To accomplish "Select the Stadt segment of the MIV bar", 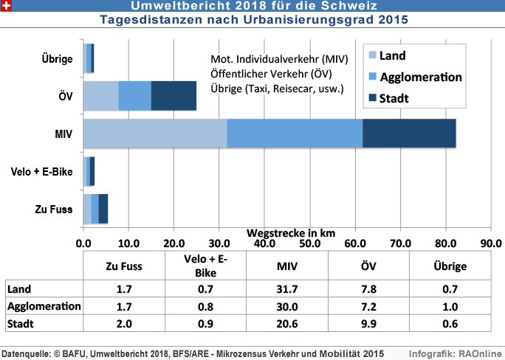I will (x=409, y=134).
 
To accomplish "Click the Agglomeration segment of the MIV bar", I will (x=295, y=134).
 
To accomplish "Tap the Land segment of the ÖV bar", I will (x=100, y=96).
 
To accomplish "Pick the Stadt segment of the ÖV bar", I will (x=174, y=96).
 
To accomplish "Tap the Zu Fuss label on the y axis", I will (x=54, y=209).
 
